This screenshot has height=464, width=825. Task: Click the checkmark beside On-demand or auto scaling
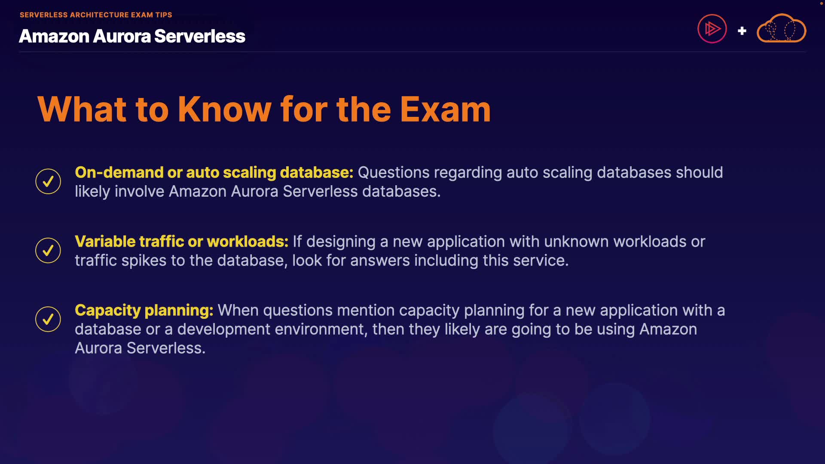point(48,181)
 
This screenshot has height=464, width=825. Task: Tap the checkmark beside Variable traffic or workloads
point(48,250)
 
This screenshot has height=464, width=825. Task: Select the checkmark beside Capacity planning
point(48,319)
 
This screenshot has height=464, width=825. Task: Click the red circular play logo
point(712,29)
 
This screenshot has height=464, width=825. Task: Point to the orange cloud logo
point(781,28)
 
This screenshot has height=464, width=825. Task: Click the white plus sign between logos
point(742,31)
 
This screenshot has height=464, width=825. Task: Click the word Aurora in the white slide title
point(122,37)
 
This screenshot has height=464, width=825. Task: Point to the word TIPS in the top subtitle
point(164,15)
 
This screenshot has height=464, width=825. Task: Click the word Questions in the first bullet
point(394,173)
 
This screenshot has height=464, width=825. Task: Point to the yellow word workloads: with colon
point(247,241)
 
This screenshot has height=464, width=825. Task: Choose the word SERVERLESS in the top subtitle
point(44,15)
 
